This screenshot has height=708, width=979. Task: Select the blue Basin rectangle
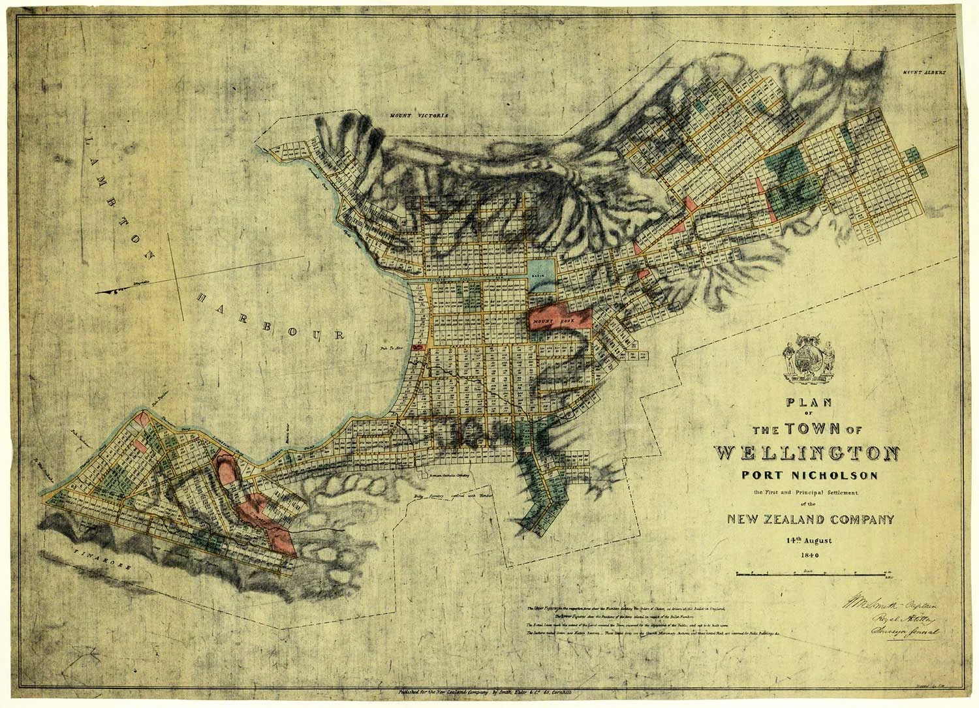[540, 275]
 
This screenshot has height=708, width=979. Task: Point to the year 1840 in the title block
[809, 555]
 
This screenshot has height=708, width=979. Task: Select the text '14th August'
[808, 540]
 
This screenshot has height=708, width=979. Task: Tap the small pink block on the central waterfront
[419, 348]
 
